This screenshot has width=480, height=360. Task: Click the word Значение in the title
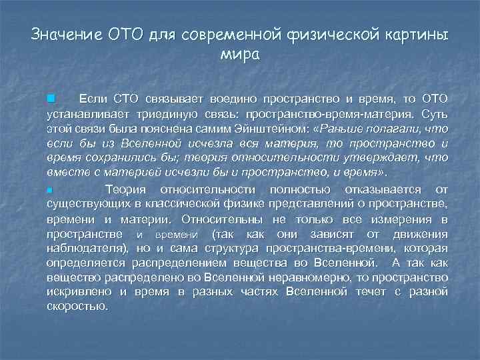[x=64, y=34]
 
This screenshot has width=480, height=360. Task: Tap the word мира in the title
[x=239, y=54]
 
